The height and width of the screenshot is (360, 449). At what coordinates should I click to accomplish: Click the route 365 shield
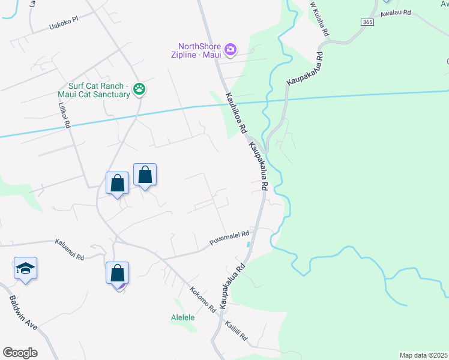pos(367,22)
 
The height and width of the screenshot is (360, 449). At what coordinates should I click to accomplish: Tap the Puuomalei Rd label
pos(229,237)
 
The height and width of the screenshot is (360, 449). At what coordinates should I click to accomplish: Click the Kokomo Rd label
pos(203,299)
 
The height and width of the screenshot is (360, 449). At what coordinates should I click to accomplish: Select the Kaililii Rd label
pos(236,330)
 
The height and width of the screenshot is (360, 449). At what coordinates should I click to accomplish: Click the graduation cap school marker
pos(26,268)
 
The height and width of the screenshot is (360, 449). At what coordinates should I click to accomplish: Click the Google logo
pos(20,353)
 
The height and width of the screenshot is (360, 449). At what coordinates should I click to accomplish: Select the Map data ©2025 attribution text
pos(423,355)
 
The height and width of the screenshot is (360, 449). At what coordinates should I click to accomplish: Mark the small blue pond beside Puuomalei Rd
pos(249,244)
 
